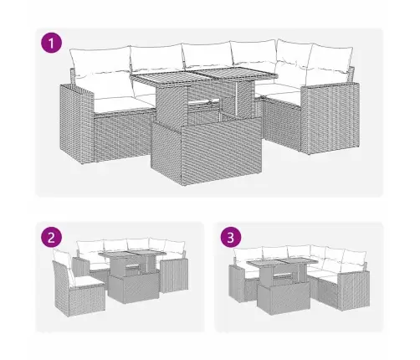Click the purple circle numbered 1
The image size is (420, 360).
(x=51, y=43)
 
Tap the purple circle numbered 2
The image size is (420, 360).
(x=51, y=238)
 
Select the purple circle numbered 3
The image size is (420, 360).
(x=231, y=238)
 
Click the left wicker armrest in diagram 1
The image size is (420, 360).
(x=76, y=123)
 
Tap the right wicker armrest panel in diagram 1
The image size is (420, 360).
(x=330, y=119)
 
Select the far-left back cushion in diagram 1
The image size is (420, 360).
(x=100, y=62)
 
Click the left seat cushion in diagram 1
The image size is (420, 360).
(x=124, y=103)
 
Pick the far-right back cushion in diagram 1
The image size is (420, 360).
(x=329, y=63)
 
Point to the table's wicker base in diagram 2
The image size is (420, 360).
(x=133, y=287)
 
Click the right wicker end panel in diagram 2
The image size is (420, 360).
(x=174, y=275)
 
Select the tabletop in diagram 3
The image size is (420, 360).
(x=282, y=263)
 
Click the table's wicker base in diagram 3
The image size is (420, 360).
(x=284, y=298)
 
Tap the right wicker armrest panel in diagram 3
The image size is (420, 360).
(x=354, y=291)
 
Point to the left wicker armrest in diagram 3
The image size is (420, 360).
(x=237, y=283)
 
